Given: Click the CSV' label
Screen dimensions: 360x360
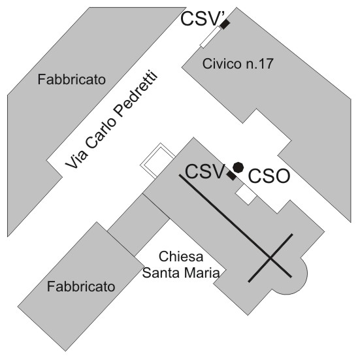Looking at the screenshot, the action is tap(200, 19).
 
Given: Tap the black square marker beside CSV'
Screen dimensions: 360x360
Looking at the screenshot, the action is tap(225, 24).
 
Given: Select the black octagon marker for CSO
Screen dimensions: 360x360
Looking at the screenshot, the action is tap(238, 167).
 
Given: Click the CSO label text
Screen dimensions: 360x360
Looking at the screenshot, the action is tap(269, 176).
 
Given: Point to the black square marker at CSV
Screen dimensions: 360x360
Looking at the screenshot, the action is tap(231, 176).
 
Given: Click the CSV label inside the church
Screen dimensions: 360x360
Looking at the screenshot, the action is tap(205, 171).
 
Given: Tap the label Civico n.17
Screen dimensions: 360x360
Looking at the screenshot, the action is tap(238, 63).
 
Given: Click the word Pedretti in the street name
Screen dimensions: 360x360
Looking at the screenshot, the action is tap(137, 94).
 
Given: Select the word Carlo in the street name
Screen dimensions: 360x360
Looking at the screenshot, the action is tap(101, 133).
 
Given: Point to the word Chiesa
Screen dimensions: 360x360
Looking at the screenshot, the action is tap(181, 257).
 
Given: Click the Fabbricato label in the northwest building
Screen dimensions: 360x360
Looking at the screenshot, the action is tap(72, 80).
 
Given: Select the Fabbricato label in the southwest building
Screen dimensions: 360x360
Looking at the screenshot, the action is tap(81, 287).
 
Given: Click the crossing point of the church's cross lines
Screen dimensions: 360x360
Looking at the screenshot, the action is tap(270, 259).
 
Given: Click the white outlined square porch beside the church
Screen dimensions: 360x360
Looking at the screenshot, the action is tap(157, 160).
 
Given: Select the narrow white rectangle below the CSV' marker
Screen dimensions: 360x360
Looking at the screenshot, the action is tap(210, 37).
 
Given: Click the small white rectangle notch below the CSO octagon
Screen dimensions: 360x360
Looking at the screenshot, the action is tap(246, 195).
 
